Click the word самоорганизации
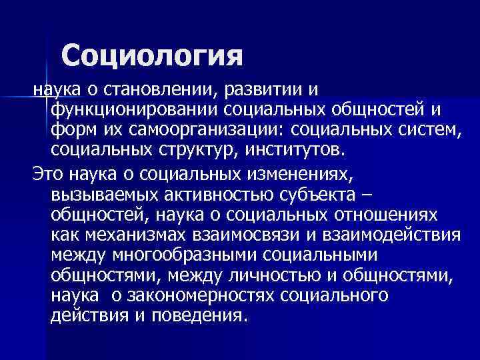tap(229, 127)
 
